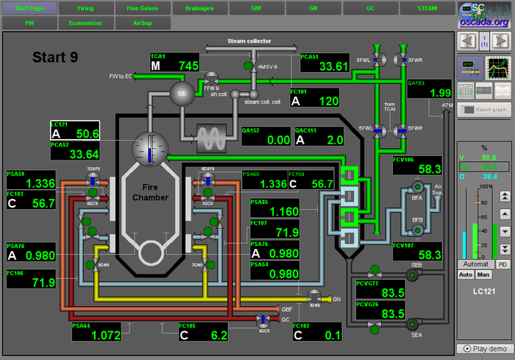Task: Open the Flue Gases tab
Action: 143,9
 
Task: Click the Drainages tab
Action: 199,9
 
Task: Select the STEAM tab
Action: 427,9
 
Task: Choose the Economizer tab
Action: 86,23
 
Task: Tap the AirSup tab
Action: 143,23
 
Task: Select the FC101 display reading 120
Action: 314,98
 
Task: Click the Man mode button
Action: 483,275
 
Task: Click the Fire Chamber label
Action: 151,193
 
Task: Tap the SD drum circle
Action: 180,92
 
